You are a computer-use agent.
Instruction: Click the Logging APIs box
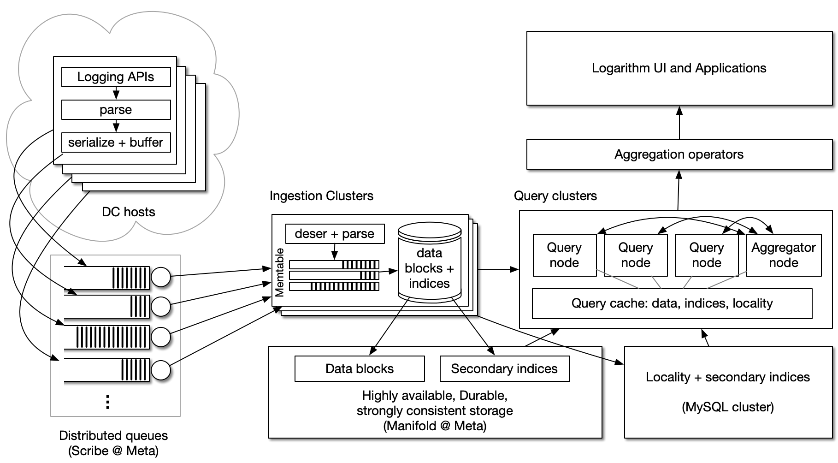(x=116, y=77)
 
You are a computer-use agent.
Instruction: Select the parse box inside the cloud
(x=116, y=110)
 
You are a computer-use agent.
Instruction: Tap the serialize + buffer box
(x=116, y=142)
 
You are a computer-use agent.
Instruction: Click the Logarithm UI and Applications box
(x=679, y=68)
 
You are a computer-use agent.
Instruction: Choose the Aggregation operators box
(x=679, y=154)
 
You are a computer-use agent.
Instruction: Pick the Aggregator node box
(x=784, y=255)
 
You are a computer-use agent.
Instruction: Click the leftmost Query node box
(x=564, y=255)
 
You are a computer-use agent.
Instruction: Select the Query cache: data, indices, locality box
(x=672, y=303)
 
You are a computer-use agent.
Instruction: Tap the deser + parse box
(x=335, y=234)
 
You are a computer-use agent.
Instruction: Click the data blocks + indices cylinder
(x=429, y=268)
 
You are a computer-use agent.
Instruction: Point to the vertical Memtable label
(x=280, y=272)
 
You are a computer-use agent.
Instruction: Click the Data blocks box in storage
(x=360, y=368)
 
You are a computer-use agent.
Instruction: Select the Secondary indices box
(x=504, y=368)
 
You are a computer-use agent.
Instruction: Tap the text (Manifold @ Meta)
(x=435, y=426)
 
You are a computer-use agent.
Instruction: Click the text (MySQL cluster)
(x=728, y=407)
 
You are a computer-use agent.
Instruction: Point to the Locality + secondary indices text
(x=728, y=377)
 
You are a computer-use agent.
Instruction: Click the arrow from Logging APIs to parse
(x=116, y=94)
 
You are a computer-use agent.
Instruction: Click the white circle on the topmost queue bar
(x=161, y=278)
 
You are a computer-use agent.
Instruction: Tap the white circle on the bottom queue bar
(x=161, y=370)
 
